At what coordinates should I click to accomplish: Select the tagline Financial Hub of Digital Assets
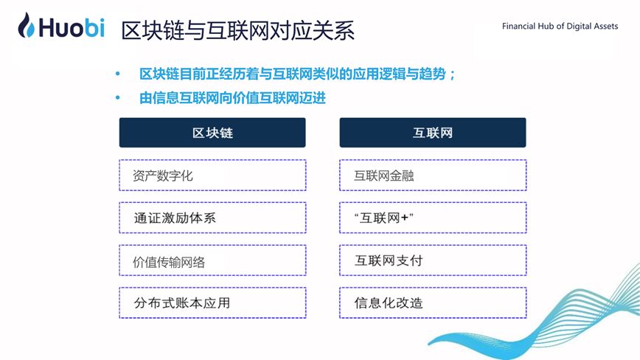pyautogui.click(x=560, y=26)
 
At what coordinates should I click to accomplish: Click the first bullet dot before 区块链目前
pyautogui.click(x=116, y=75)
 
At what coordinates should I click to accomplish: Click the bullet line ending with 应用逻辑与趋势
pyautogui.click(x=298, y=75)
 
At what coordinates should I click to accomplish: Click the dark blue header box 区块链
pyautogui.click(x=212, y=133)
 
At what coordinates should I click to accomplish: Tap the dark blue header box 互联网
pyautogui.click(x=433, y=133)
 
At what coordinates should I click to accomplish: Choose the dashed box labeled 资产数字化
pyautogui.click(x=212, y=176)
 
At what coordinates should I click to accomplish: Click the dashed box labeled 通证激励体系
pyautogui.click(x=212, y=218)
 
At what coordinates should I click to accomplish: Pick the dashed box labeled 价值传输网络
pyautogui.click(x=212, y=260)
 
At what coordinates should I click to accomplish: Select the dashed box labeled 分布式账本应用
pyautogui.click(x=212, y=302)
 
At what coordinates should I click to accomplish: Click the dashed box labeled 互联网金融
pyautogui.click(x=433, y=176)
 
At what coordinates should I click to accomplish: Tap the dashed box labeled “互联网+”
pyautogui.click(x=433, y=218)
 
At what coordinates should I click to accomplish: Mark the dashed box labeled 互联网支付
pyautogui.click(x=433, y=260)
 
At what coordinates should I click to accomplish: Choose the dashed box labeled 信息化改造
pyautogui.click(x=433, y=302)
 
